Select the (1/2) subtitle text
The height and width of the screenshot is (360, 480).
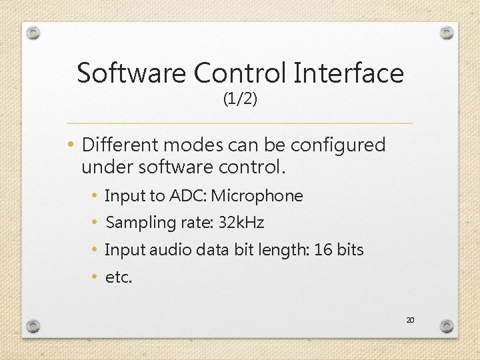point(240,99)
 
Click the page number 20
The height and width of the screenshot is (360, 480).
point(410,321)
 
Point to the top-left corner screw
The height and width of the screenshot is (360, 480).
point(33,33)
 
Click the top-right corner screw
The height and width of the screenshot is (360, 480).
point(447,33)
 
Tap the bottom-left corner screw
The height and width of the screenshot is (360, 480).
point(33,326)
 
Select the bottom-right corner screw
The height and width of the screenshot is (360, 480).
point(447,326)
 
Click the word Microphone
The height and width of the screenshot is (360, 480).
point(257,196)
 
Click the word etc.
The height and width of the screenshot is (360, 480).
point(119,277)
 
